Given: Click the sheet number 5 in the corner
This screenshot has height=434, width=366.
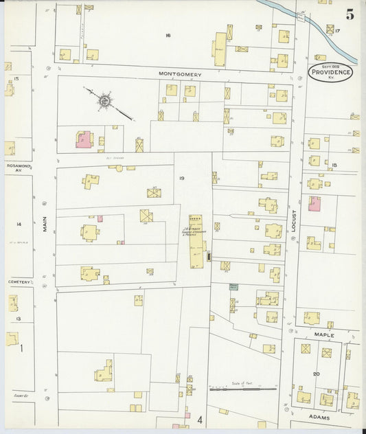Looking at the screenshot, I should click(350, 14).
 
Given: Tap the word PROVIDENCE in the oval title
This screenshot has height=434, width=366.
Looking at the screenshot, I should click(330, 72).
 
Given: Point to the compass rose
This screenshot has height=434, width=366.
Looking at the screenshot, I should click(104, 101).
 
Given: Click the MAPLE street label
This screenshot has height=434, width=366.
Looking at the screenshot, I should click(323, 334).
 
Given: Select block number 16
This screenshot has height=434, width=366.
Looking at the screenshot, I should click(167, 34).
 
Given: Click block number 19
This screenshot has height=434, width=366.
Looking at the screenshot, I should click(182, 179).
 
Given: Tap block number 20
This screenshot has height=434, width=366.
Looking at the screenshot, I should click(316, 374).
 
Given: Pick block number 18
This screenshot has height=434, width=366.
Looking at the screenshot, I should click(334, 165).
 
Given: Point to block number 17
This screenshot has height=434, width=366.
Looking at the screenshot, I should click(338, 31).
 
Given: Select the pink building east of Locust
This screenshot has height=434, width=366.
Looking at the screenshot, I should click(314, 204).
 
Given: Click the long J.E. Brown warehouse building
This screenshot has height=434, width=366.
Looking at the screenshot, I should click(196, 240).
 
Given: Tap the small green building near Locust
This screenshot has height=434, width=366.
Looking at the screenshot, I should click(233, 287).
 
